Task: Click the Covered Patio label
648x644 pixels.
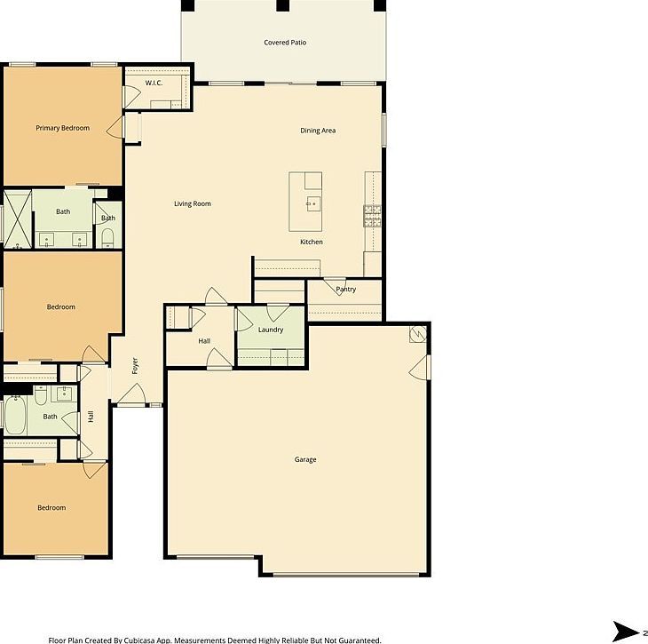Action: (x=285, y=43)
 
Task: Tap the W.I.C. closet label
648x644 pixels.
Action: (x=155, y=83)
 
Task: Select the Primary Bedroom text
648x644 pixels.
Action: (x=62, y=128)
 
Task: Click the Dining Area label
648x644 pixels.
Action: (x=317, y=131)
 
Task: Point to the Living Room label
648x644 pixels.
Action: (x=192, y=204)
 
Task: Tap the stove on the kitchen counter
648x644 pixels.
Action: (x=372, y=213)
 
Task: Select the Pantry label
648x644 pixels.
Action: (x=345, y=290)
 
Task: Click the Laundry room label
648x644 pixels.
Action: (x=271, y=330)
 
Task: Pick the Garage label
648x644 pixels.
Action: (x=305, y=459)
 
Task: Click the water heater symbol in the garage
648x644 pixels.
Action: (x=417, y=334)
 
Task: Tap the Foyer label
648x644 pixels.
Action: (x=135, y=366)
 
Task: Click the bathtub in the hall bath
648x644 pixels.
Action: (x=17, y=415)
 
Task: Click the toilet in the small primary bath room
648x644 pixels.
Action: (x=107, y=235)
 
